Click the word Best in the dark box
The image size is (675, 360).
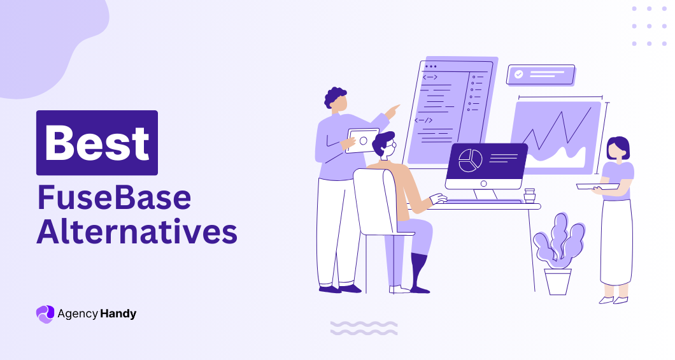point(97,143)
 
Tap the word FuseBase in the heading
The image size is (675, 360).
point(113,198)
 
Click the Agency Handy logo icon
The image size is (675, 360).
point(45,313)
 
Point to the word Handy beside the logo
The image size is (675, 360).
point(118,313)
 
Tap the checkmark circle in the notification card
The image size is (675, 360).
point(519,75)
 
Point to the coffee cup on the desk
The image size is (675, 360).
point(529,195)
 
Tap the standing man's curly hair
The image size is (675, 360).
point(335,97)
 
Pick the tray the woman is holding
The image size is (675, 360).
point(597,186)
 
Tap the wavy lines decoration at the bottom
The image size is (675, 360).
point(364,328)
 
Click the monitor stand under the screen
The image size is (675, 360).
point(485,194)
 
